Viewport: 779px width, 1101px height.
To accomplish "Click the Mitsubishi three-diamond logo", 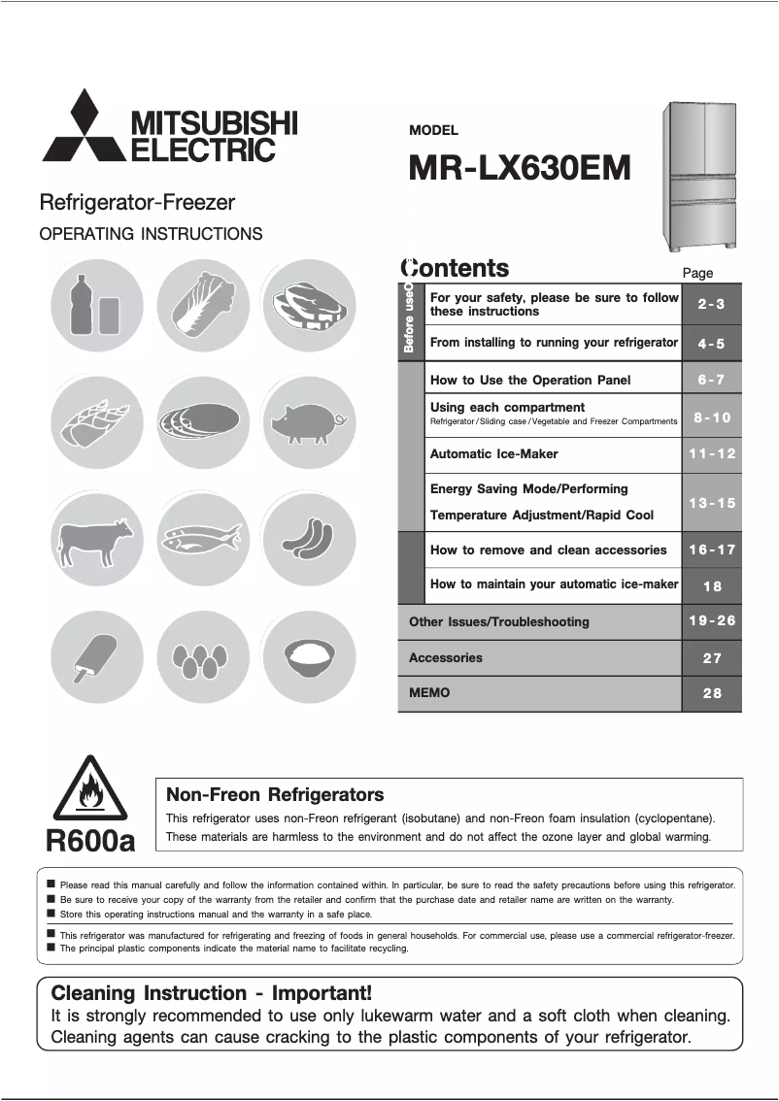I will (84, 126).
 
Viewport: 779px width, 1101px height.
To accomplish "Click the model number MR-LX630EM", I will (520, 168).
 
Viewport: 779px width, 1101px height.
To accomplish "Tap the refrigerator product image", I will (701, 176).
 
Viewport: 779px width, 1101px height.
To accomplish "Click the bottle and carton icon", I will (95, 305).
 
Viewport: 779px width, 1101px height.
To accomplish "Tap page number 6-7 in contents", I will (711, 380).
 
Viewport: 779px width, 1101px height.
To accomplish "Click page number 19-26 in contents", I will (711, 621).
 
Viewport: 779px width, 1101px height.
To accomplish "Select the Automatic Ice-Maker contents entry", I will (494, 453).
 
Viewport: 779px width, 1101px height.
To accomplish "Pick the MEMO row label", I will (429, 693).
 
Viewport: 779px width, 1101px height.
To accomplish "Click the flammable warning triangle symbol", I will (89, 788).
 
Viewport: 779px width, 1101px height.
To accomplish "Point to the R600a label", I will (90, 840).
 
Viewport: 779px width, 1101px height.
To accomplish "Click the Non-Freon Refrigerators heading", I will (275, 795).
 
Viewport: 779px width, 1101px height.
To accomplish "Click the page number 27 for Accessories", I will (711, 657).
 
